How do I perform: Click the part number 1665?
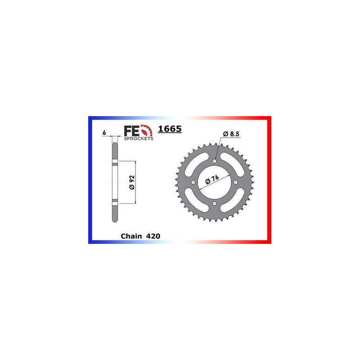pos(170,130)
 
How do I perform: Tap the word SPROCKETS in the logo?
pos(139,139)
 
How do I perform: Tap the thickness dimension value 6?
pos(104,133)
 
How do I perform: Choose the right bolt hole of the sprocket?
pos(236,183)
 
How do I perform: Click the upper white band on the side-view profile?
pos(115,162)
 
